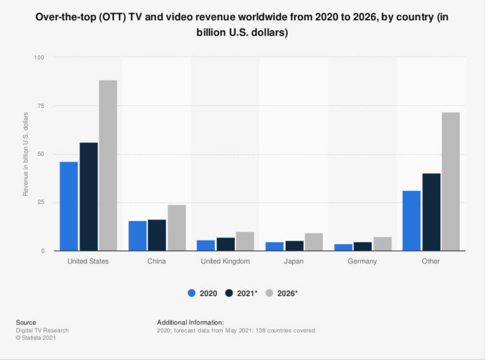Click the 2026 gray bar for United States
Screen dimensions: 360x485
point(108,165)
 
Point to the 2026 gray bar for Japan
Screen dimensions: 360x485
point(314,242)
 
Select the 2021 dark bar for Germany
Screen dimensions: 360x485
point(363,246)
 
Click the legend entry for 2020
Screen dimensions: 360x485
point(203,293)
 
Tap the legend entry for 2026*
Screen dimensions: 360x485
point(284,293)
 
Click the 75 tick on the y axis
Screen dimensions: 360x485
point(41,106)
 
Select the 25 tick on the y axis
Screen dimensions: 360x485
point(41,202)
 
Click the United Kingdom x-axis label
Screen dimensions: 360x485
point(226,261)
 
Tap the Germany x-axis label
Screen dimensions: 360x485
point(363,261)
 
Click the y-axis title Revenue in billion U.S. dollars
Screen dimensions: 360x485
point(25,153)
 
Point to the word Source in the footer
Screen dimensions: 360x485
point(26,322)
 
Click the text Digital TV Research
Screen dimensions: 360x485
point(42,331)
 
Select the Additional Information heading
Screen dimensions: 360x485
point(190,322)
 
